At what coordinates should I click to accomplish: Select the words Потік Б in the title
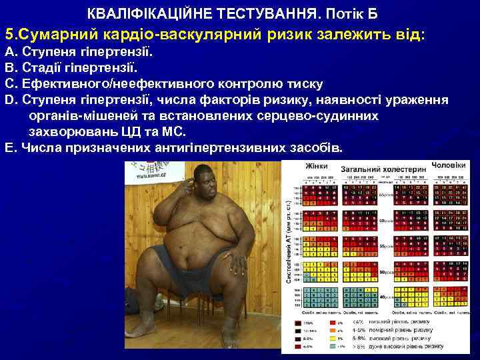tap(357, 13)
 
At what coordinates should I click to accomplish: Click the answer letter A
tap(9, 51)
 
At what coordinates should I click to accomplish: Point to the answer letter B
tap(9, 67)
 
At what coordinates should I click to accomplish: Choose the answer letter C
tap(9, 84)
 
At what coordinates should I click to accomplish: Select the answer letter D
tap(9, 100)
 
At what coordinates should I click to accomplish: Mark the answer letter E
tap(9, 147)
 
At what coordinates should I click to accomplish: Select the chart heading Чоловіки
tap(448, 164)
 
